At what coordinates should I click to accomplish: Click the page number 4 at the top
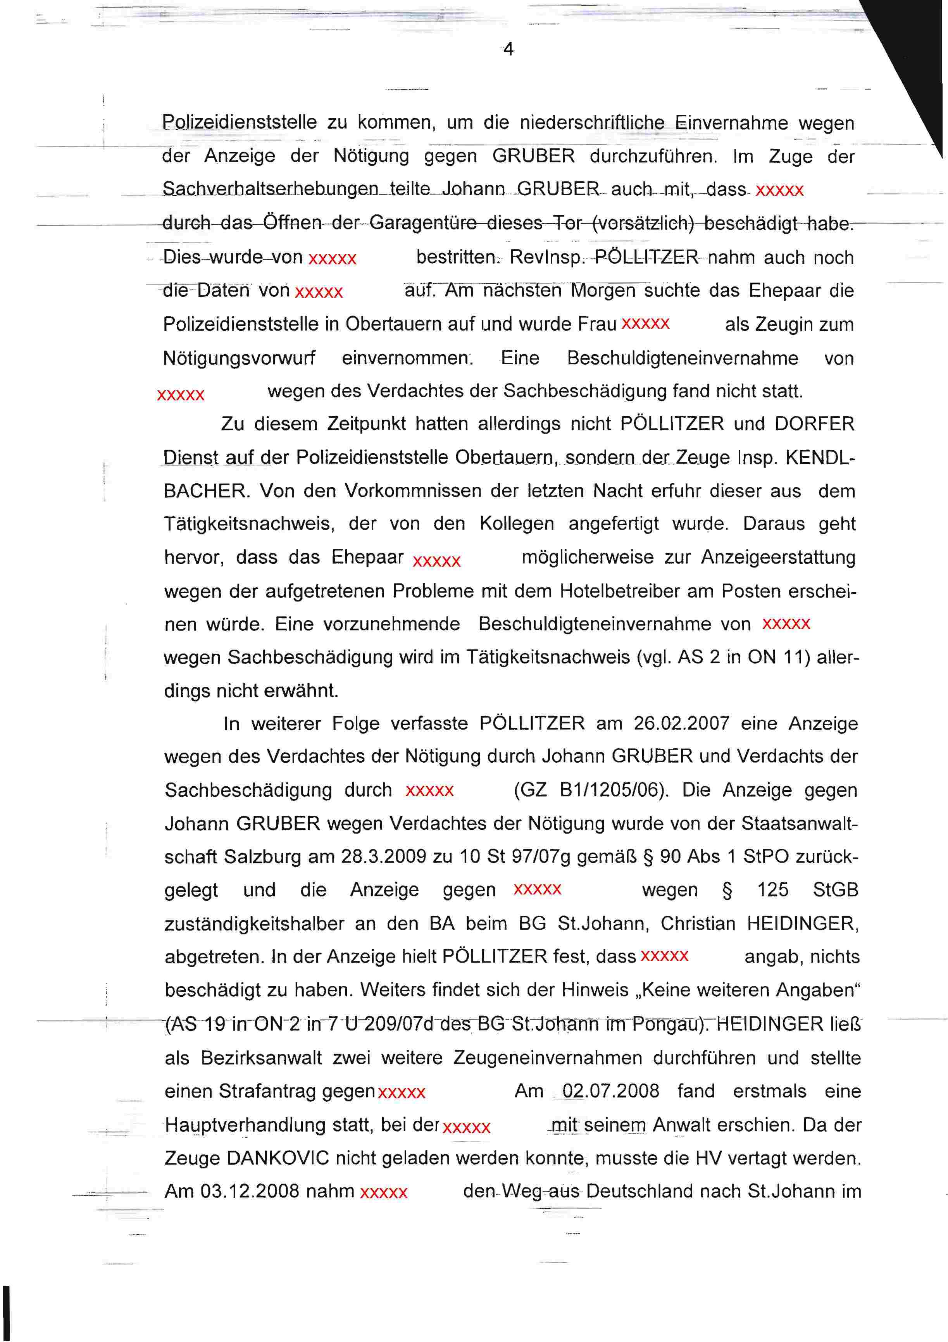[x=508, y=50]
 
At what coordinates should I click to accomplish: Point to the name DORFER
[x=814, y=424]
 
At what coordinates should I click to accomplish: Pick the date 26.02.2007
[x=681, y=724]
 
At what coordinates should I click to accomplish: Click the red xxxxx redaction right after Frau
[x=645, y=324]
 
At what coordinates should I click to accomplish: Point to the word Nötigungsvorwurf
[x=239, y=358]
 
